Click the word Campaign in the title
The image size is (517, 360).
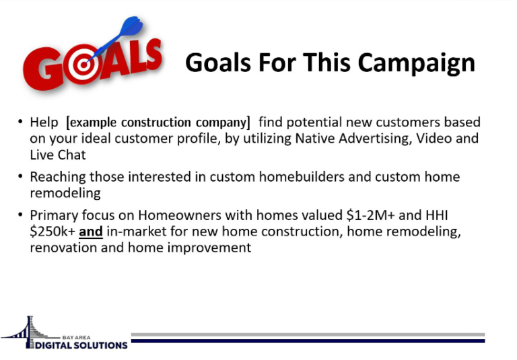click(417, 63)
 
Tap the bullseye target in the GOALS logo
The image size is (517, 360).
click(83, 65)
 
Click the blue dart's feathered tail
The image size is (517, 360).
click(133, 26)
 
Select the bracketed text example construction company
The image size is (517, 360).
click(158, 122)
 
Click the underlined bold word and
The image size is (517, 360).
click(91, 231)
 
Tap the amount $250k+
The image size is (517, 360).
click(53, 231)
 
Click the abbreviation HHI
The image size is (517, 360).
click(436, 215)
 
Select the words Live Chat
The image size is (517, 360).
click(58, 155)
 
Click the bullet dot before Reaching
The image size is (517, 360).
click(20, 176)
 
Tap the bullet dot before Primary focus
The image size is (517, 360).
click(20, 215)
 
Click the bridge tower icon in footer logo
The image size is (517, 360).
click(30, 331)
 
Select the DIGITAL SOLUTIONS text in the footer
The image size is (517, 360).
click(81, 345)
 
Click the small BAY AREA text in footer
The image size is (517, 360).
click(76, 337)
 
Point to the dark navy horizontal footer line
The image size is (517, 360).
click(308, 341)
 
